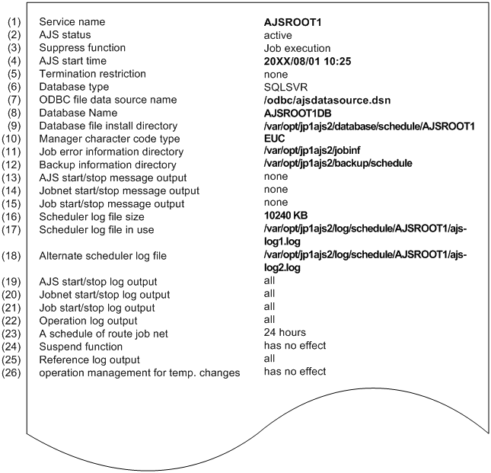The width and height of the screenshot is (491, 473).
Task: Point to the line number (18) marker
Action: click(x=14, y=256)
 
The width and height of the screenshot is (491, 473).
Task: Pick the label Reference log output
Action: click(x=91, y=359)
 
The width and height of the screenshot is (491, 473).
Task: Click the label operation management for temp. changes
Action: click(x=140, y=372)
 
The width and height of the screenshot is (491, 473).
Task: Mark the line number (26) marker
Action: click(x=14, y=372)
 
